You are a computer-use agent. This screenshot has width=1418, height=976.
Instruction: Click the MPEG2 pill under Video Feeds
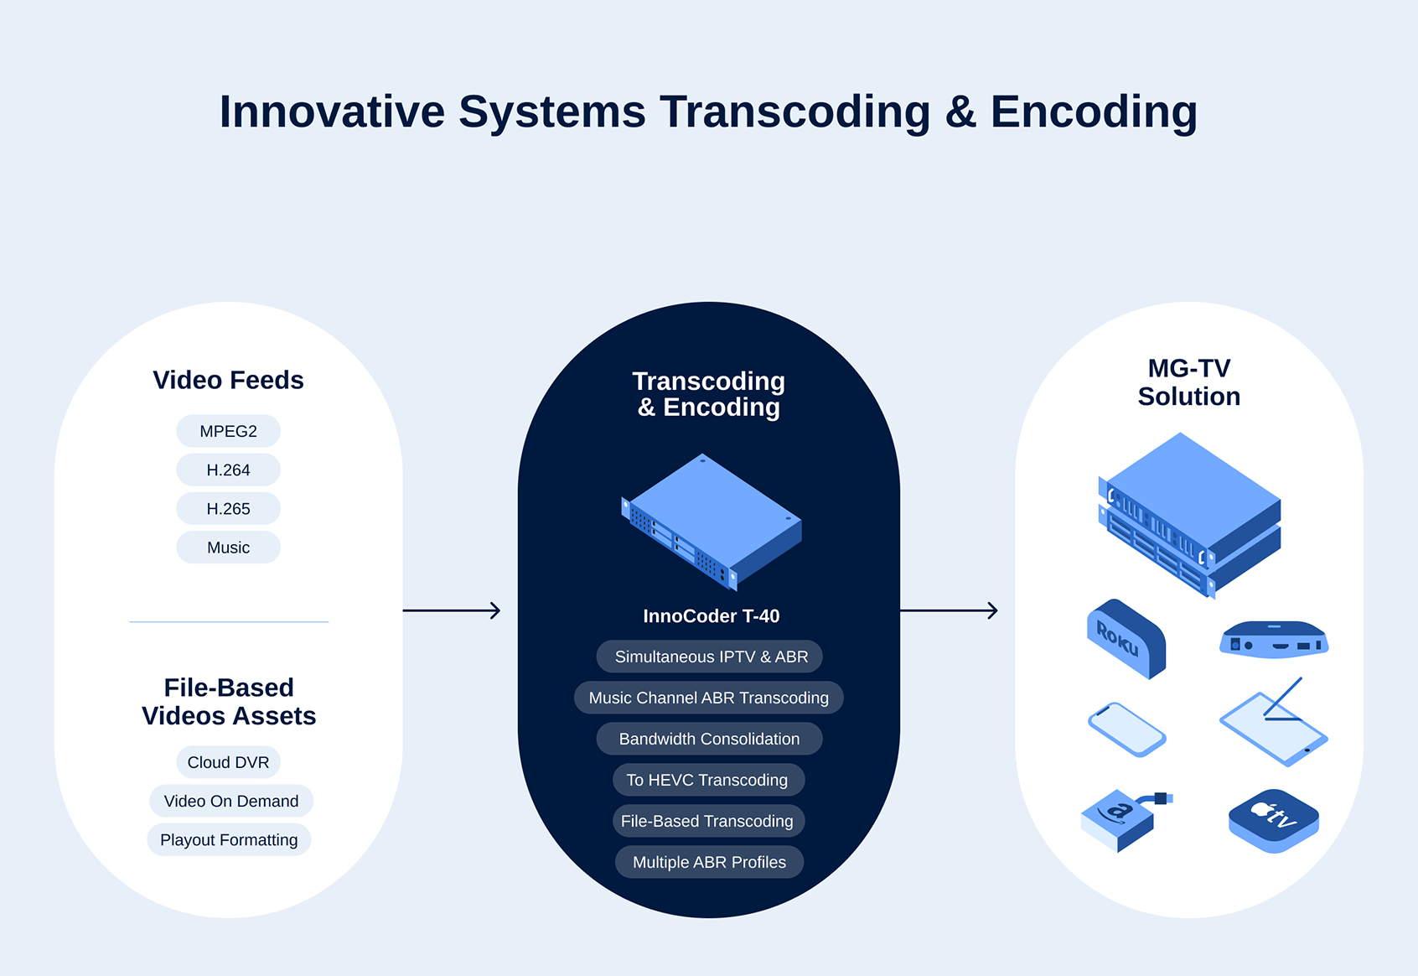(x=229, y=431)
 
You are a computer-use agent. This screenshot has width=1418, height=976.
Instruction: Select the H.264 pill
(x=229, y=470)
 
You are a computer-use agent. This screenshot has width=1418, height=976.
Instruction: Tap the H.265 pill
(x=229, y=509)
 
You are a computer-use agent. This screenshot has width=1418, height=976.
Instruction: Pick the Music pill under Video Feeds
(x=229, y=548)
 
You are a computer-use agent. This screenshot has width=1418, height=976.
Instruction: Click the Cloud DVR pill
(x=229, y=762)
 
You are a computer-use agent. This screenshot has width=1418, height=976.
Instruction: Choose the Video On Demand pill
(x=231, y=801)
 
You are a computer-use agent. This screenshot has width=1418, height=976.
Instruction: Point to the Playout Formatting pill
(x=229, y=839)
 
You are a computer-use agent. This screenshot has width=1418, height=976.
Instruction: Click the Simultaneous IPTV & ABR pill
(x=710, y=657)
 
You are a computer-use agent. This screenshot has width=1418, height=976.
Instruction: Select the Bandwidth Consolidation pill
(x=710, y=739)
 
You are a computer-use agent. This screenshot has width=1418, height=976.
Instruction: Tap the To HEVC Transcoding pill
(x=708, y=780)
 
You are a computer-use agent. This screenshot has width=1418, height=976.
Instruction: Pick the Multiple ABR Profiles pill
(x=710, y=862)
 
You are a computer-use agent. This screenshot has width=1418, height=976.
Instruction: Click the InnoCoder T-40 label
(x=711, y=615)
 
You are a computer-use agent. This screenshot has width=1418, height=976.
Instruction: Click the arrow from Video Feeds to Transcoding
(x=452, y=610)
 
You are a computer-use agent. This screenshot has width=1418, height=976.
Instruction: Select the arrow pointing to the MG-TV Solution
(x=949, y=610)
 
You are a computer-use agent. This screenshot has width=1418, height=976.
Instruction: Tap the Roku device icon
(x=1127, y=638)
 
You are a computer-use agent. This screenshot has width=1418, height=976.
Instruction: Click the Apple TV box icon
(x=1274, y=821)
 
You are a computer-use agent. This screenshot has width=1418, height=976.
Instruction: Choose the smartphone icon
(x=1127, y=729)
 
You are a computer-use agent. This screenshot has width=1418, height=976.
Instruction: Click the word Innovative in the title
(x=333, y=112)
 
